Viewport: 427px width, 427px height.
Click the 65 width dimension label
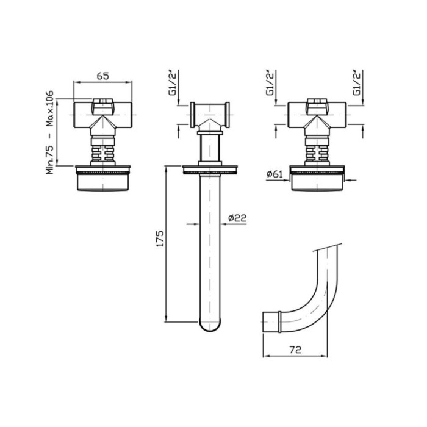(x=103, y=76)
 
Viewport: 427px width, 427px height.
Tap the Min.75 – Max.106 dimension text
(x=50, y=132)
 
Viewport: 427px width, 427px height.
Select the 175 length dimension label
(x=160, y=239)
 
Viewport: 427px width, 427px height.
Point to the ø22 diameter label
(x=237, y=218)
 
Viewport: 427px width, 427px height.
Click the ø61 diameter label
(x=274, y=174)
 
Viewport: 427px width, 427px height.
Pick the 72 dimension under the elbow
(x=295, y=350)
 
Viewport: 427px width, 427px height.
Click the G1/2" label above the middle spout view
(x=173, y=83)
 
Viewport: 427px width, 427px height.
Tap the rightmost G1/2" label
(x=357, y=83)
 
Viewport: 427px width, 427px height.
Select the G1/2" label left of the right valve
(x=270, y=83)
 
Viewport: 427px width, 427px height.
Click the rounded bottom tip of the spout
(x=210, y=330)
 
